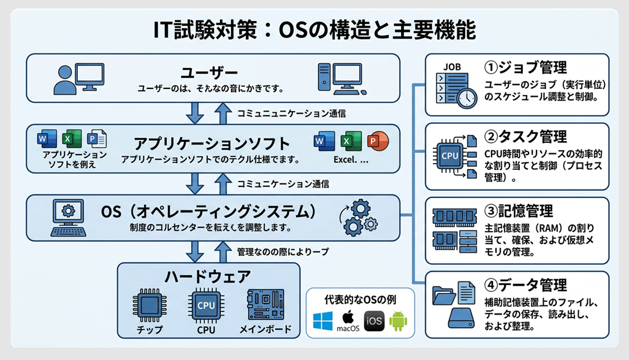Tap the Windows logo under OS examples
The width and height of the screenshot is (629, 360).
click(322, 321)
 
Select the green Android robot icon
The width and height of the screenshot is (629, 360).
click(398, 321)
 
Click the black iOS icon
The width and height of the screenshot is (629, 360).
click(374, 321)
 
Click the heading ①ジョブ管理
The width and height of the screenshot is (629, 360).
click(525, 67)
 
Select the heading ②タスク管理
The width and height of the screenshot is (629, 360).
click(525, 136)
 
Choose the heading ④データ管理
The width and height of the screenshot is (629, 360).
click(525, 285)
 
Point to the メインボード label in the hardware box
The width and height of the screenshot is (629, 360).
click(265, 330)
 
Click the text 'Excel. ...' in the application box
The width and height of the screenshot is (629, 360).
click(351, 159)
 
